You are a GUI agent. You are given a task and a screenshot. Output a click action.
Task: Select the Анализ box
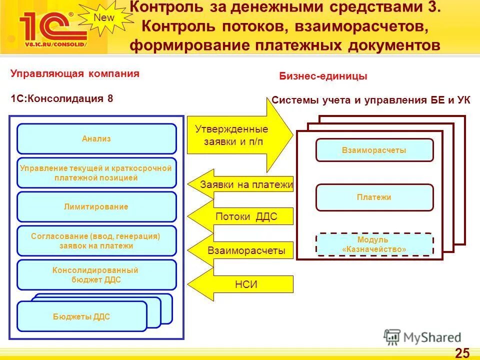(x=96, y=138)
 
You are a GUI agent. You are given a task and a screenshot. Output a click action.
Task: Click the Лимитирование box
(x=96, y=206)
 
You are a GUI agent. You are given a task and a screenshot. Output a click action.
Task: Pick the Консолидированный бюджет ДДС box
(x=96, y=275)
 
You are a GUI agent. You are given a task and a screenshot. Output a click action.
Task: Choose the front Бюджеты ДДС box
(x=81, y=316)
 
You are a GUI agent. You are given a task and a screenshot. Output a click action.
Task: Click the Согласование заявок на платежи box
(x=96, y=241)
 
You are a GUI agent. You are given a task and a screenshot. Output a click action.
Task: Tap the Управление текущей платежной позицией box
(x=96, y=173)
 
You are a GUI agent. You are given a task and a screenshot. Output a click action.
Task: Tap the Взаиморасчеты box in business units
(x=374, y=150)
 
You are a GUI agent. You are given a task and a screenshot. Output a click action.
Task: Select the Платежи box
(x=374, y=197)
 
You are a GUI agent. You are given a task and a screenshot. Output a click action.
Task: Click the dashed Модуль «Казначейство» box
(x=374, y=244)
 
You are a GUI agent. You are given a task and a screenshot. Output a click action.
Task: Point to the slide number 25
(x=462, y=352)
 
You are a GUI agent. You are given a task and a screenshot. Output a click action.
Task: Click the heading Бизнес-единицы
(x=322, y=76)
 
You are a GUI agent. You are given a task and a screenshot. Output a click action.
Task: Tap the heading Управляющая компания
(x=75, y=74)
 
